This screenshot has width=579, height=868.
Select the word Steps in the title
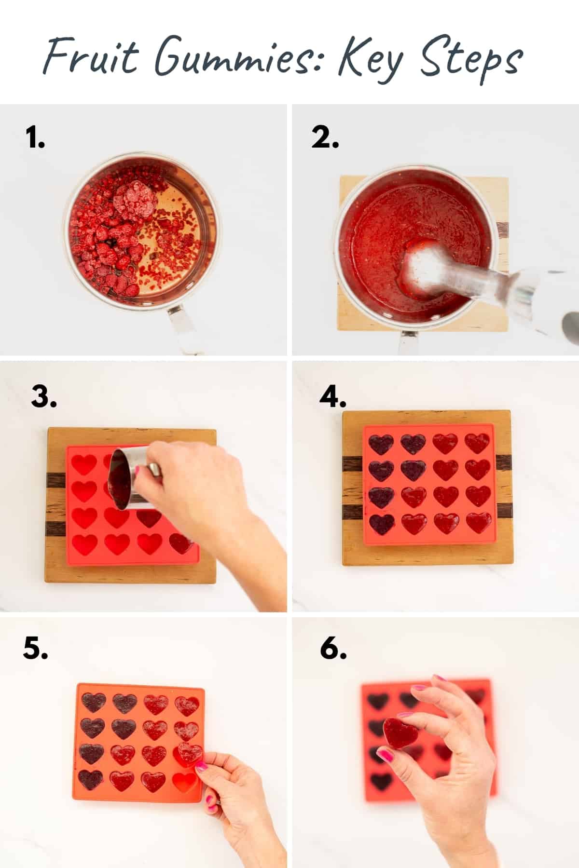tap(470, 60)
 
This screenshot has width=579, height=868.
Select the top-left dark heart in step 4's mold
tap(381, 445)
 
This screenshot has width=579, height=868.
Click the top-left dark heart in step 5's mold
tap(93, 703)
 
